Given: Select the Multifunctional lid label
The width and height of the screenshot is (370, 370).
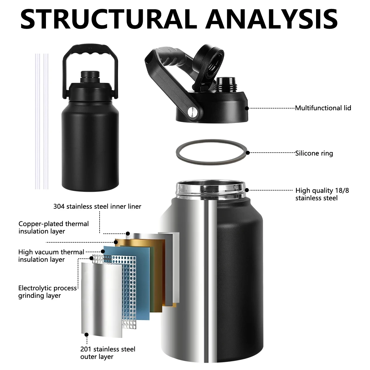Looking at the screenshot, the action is tap(323, 108).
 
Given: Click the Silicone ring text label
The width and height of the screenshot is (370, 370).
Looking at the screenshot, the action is tap(314, 153).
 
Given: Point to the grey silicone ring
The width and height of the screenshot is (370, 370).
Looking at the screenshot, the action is tap(212, 152).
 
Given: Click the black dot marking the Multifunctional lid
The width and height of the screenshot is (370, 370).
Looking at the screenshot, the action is tap(247, 108).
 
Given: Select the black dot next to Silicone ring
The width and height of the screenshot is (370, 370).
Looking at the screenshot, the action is tap(248, 153).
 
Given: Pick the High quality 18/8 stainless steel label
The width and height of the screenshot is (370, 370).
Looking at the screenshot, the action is tap(322, 194).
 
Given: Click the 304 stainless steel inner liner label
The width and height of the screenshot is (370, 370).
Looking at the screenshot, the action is tap(97, 206).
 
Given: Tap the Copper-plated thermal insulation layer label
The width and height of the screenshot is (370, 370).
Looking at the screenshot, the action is tap(54, 228).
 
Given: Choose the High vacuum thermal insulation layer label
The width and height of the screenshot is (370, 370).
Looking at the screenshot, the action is tap(51, 256).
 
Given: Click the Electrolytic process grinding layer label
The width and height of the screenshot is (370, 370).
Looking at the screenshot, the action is tap(47, 292).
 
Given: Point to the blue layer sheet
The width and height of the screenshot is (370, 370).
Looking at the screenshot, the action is tap(127, 282).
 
